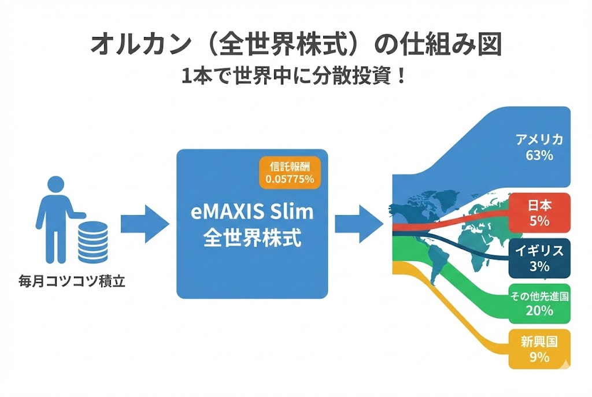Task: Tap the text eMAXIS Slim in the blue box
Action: pyautogui.click(x=252, y=212)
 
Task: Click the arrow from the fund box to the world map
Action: pyautogui.click(x=358, y=222)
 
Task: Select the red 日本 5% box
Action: pyautogui.click(x=539, y=213)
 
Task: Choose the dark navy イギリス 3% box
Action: pyautogui.click(x=539, y=258)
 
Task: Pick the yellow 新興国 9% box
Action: pyautogui.click(x=539, y=349)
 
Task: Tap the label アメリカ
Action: pyautogui.click(x=540, y=140)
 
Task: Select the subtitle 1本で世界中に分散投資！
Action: pyautogui.click(x=295, y=76)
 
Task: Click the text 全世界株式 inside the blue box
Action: pyautogui.click(x=252, y=238)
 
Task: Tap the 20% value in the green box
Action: pyautogui.click(x=540, y=311)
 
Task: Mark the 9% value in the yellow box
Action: pyautogui.click(x=539, y=357)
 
